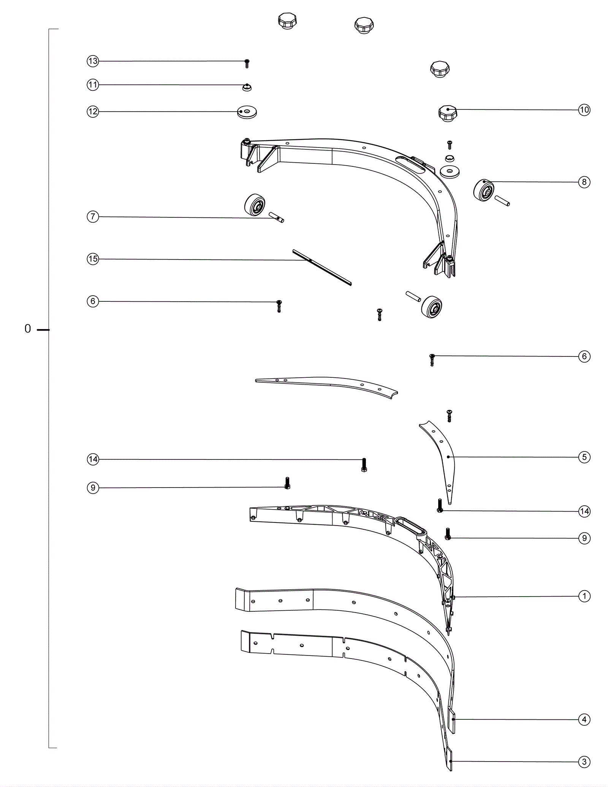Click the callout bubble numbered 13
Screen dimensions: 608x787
point(93,61)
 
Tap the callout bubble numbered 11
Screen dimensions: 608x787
point(93,85)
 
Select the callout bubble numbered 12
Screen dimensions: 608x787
point(93,112)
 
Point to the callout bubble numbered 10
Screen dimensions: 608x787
point(584,110)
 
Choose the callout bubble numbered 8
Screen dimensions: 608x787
point(584,182)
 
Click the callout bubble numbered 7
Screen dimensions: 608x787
point(93,217)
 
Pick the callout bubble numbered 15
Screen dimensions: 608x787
point(93,259)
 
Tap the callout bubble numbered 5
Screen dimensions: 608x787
point(584,457)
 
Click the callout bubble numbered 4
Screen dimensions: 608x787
point(584,719)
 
